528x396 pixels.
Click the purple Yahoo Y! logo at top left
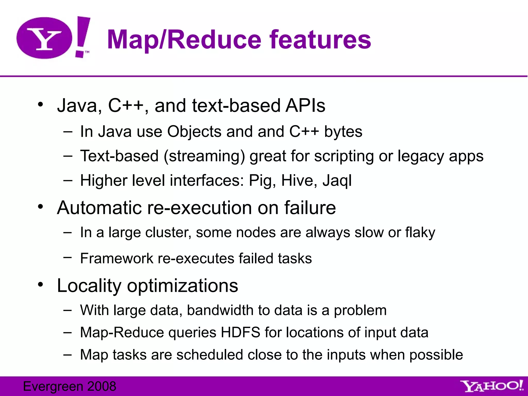click(x=53, y=38)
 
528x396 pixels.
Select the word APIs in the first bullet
click(x=305, y=106)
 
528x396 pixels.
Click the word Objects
click(x=194, y=132)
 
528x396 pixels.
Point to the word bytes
click(x=343, y=132)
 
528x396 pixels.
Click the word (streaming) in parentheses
click(x=204, y=156)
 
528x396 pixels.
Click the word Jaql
click(x=337, y=181)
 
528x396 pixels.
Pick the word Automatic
click(x=99, y=208)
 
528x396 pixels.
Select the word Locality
click(x=89, y=286)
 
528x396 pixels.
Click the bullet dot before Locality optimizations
click(x=40, y=285)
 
